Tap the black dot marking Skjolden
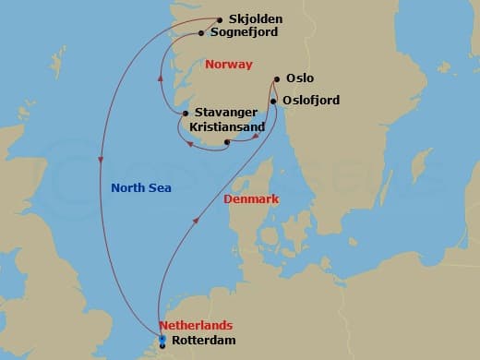220,19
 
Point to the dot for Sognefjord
202,33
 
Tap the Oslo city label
300,79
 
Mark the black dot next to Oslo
278,79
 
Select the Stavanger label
227,113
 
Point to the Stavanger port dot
186,114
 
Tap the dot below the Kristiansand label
227,142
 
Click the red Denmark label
252,198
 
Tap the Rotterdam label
204,341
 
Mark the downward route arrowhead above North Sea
100,161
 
